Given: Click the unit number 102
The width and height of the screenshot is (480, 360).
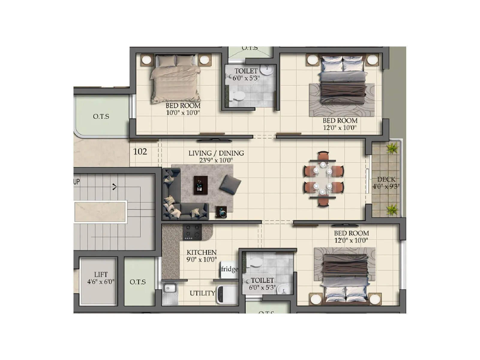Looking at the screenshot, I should (x=140, y=151).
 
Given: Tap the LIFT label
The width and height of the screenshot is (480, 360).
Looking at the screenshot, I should (x=101, y=274).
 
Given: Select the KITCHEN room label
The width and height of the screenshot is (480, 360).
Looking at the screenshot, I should (x=201, y=252).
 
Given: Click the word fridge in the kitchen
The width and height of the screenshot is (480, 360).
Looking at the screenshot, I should (x=229, y=269).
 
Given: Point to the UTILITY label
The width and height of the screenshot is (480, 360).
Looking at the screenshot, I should (x=202, y=293).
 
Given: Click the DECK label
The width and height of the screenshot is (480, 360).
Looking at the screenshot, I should (x=386, y=179).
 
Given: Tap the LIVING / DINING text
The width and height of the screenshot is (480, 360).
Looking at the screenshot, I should (x=216, y=153).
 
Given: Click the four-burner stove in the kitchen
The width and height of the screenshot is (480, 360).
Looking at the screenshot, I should (x=192, y=232).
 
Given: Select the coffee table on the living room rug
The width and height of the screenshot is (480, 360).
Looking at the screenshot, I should (x=201, y=185).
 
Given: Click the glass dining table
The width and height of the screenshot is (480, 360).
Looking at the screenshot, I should (x=323, y=179).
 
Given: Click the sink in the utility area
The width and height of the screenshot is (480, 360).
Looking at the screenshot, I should (x=170, y=289).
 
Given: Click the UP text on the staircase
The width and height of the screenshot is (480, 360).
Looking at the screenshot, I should (x=76, y=181).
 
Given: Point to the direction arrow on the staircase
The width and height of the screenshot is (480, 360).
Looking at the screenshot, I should (x=114, y=187).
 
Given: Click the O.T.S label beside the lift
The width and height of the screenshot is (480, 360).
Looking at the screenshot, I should (x=138, y=282).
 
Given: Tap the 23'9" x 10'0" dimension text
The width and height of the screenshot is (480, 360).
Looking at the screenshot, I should (x=216, y=160).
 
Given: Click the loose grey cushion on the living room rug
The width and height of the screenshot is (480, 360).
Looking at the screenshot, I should (x=230, y=184).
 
